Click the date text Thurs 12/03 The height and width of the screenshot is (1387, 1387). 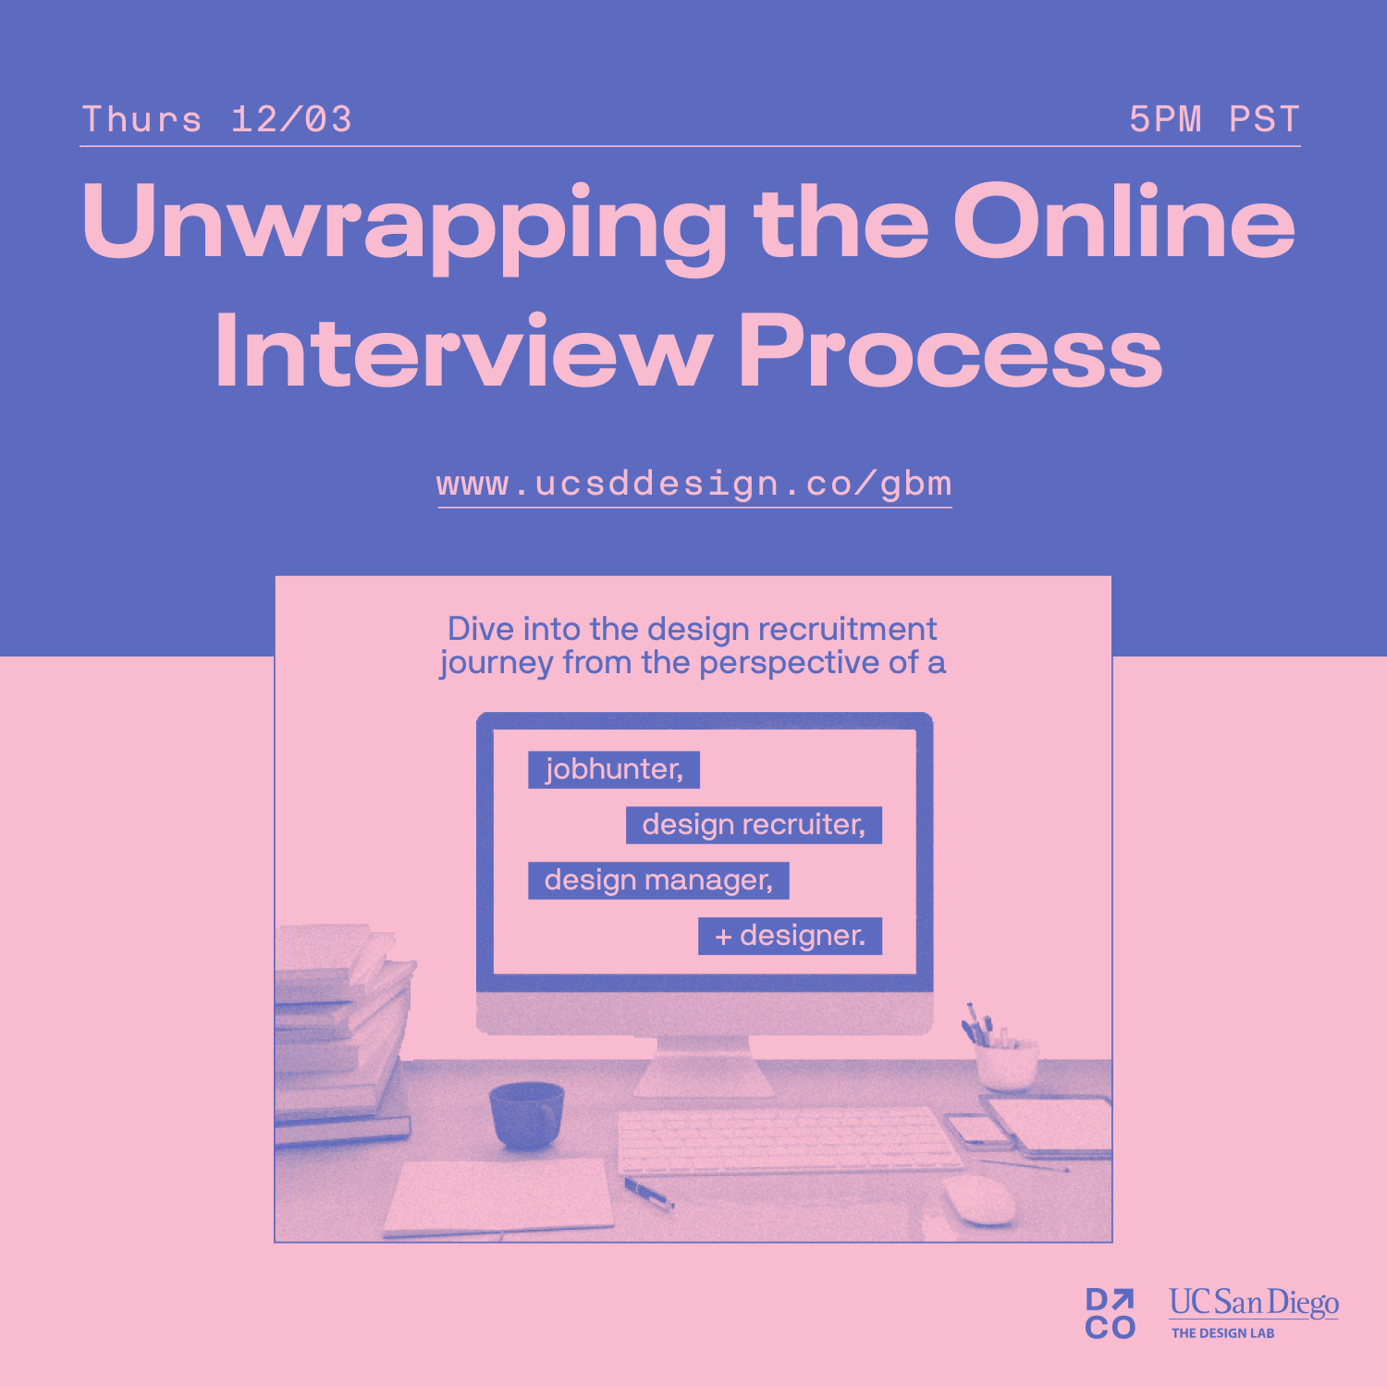click(x=217, y=119)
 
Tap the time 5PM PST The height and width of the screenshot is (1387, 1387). click(x=1215, y=119)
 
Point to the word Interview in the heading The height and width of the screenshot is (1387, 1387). click(x=462, y=350)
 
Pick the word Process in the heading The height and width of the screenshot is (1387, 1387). click(x=951, y=350)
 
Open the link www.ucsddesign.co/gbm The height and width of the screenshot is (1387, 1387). click(x=694, y=484)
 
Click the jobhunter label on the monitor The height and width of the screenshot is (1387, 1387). click(x=614, y=769)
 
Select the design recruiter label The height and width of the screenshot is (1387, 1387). click(x=754, y=825)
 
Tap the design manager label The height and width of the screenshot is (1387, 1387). click(x=658, y=880)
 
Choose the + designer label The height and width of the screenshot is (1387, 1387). click(x=790, y=936)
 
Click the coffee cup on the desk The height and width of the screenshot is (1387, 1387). click(x=526, y=1114)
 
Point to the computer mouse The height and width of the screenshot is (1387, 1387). click(x=979, y=1199)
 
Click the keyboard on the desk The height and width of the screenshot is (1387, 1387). click(x=789, y=1139)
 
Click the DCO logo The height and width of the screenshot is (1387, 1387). click(x=1111, y=1313)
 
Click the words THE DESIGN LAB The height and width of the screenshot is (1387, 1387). click(x=1223, y=1333)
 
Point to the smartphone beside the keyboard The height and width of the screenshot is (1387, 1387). click(x=979, y=1130)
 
